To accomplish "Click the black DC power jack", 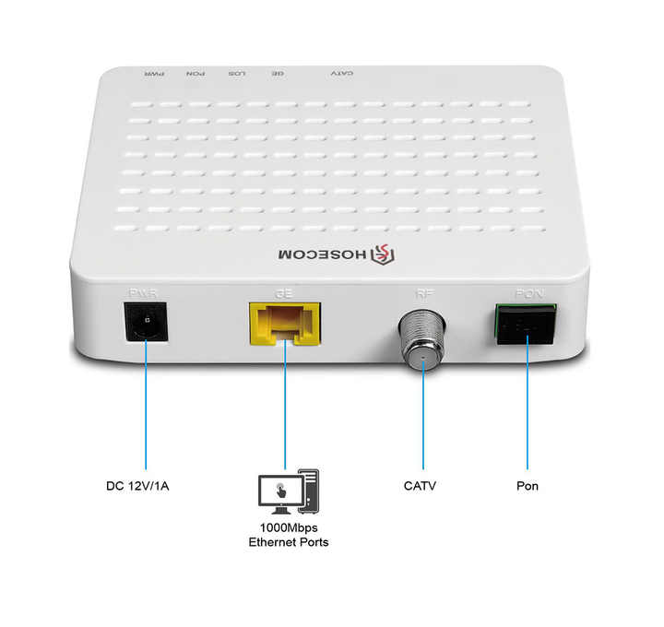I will click(x=144, y=322).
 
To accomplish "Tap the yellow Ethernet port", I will click(x=284, y=322).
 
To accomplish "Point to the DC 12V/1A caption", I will click(x=137, y=485).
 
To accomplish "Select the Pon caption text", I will click(x=527, y=485).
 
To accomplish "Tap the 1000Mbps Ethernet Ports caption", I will click(x=288, y=535).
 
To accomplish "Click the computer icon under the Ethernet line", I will click(x=288, y=491).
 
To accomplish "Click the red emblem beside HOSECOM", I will click(x=379, y=254).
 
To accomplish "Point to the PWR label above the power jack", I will click(x=144, y=293).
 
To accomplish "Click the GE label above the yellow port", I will click(x=283, y=293).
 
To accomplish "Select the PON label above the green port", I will click(x=527, y=294).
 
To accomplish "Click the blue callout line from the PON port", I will click(x=528, y=406).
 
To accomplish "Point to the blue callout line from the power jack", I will click(x=145, y=406).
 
